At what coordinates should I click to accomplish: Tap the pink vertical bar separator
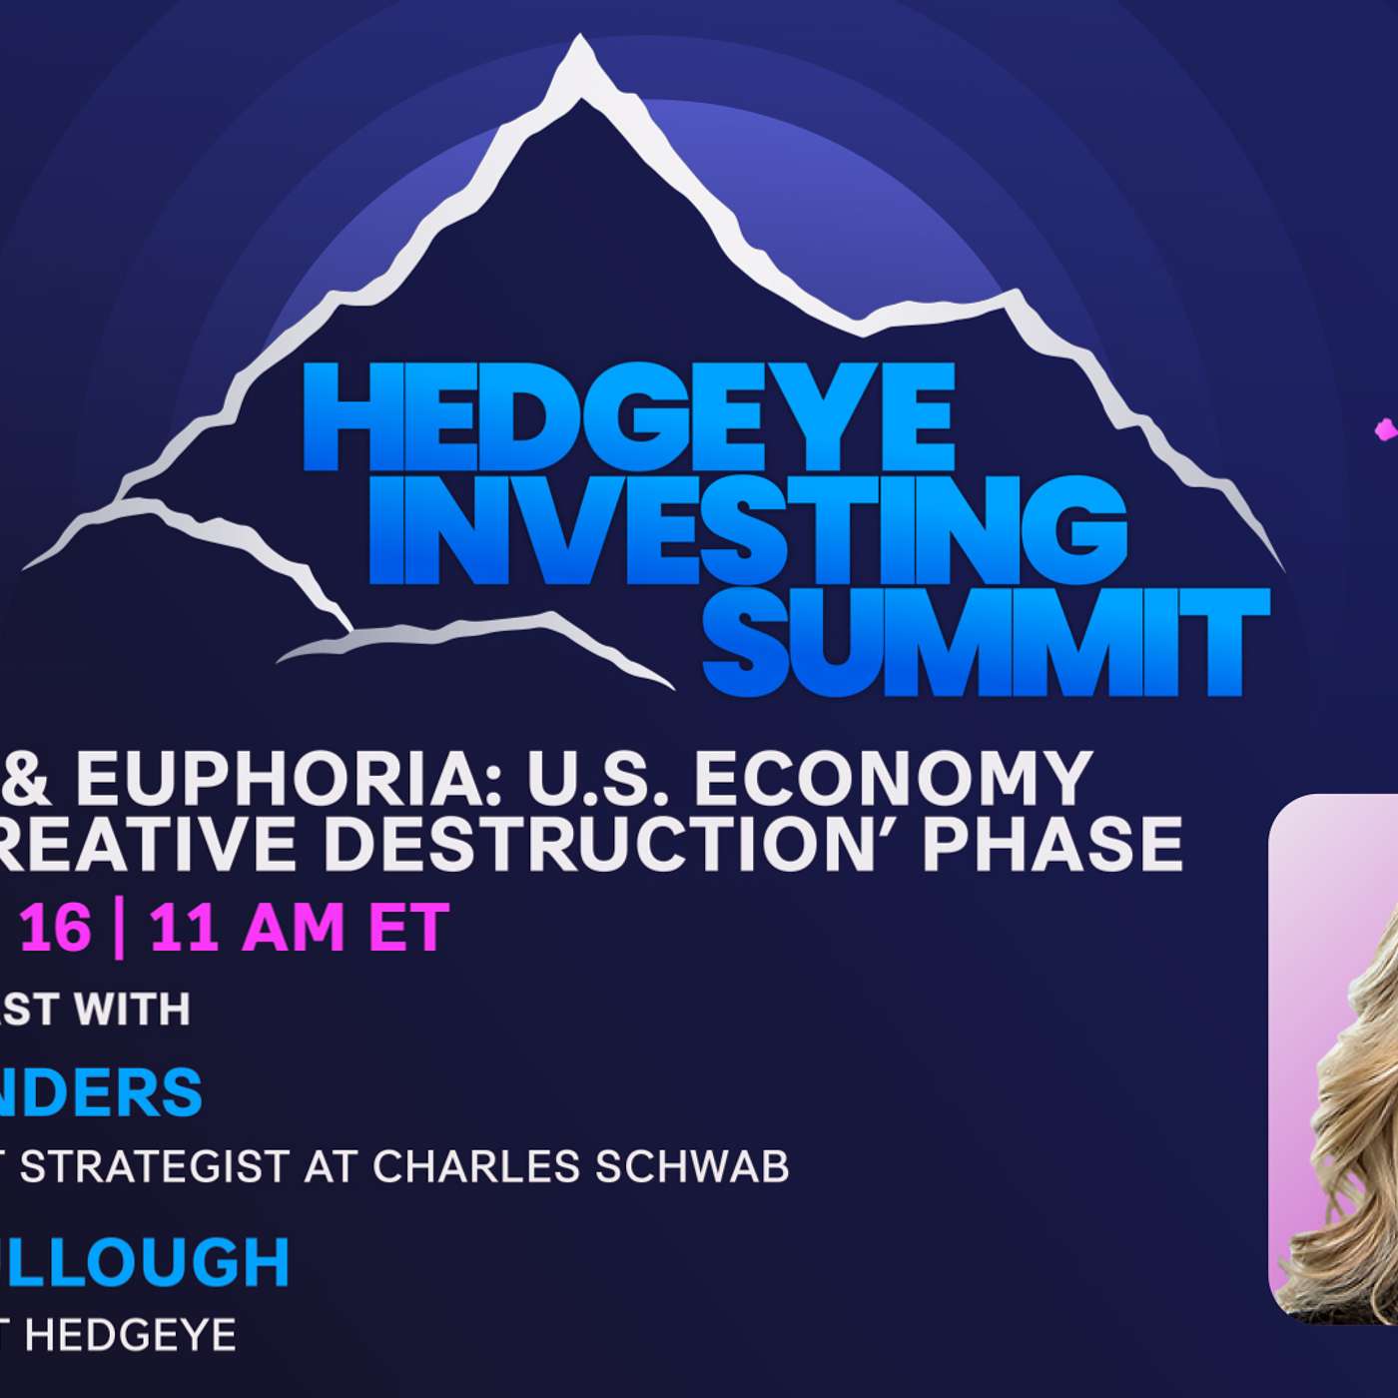[x=120, y=929]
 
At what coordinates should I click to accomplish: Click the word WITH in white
[x=133, y=1010]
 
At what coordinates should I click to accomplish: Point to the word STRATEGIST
[x=155, y=1166]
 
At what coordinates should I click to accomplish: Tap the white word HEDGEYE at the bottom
[x=130, y=1335]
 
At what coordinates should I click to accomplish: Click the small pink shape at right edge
[x=1386, y=430]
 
